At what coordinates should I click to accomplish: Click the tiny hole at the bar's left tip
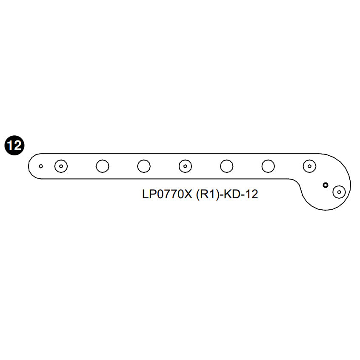click(x=41, y=166)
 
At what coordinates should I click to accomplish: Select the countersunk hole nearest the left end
click(x=61, y=166)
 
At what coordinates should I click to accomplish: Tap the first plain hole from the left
click(x=103, y=166)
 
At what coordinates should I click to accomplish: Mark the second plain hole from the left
click(x=144, y=166)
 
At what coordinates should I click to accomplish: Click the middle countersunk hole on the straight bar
click(x=185, y=166)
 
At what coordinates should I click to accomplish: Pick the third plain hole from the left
click(x=226, y=166)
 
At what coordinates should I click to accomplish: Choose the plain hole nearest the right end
click(x=268, y=166)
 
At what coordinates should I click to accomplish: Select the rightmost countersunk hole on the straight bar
click(x=309, y=166)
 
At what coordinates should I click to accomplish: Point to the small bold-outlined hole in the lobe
click(x=326, y=185)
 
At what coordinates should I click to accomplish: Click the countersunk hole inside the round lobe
click(x=339, y=192)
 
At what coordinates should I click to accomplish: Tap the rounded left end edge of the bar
click(x=28, y=166)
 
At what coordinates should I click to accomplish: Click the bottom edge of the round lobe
click(x=326, y=209)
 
